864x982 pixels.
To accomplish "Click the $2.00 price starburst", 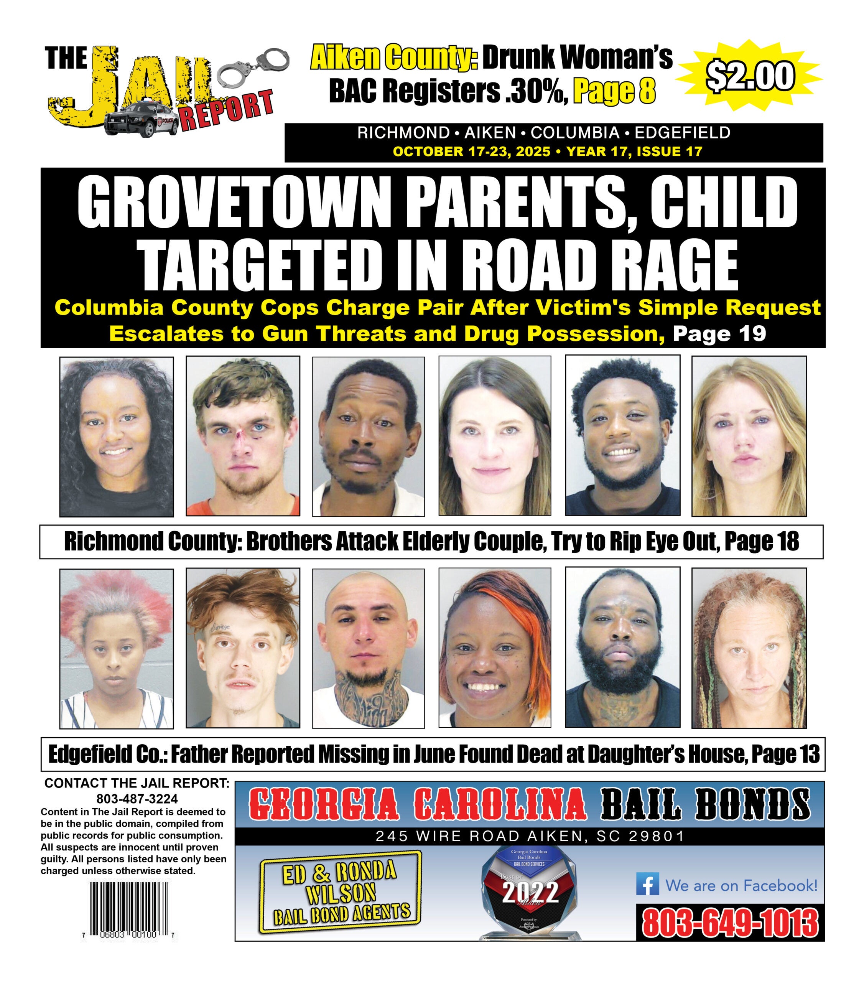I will tap(750, 76).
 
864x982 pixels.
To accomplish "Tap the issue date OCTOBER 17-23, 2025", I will tap(471, 152).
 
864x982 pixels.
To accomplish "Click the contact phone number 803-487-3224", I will tap(137, 799).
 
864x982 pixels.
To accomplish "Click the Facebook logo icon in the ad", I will tap(647, 885).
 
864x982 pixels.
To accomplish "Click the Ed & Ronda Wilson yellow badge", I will tap(341, 893).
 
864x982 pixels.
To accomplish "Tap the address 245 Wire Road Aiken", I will tap(529, 837).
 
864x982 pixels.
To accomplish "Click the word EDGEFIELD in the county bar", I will tap(683, 133).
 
